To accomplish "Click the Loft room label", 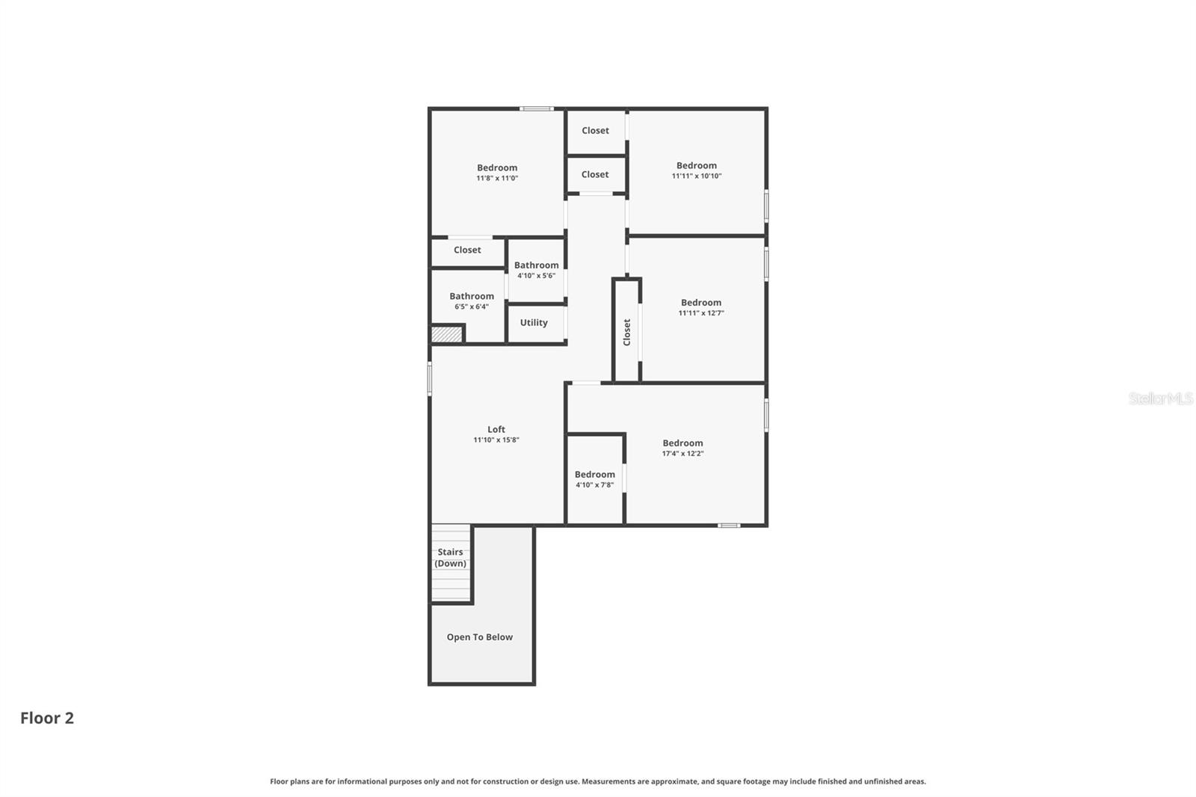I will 496,429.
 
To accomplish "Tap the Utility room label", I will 534,323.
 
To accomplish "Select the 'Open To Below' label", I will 480,637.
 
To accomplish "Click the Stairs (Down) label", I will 451,558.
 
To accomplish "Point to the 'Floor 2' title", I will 47,718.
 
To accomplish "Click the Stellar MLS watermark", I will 1160,398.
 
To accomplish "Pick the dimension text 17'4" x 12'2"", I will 682,454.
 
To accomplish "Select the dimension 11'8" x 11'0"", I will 497,179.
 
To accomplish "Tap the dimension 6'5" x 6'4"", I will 472,307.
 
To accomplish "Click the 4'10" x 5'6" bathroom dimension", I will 536,276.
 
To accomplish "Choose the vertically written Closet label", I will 627,332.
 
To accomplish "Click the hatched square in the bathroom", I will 447,334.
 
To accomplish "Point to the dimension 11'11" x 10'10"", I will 697,176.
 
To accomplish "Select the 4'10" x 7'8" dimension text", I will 594,485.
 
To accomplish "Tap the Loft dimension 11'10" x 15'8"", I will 496,440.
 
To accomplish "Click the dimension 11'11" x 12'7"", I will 701,313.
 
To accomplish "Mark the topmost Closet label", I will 596,131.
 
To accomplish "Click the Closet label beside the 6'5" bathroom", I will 467,250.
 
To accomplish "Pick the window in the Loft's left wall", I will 430,378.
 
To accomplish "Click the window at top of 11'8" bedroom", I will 537,109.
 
